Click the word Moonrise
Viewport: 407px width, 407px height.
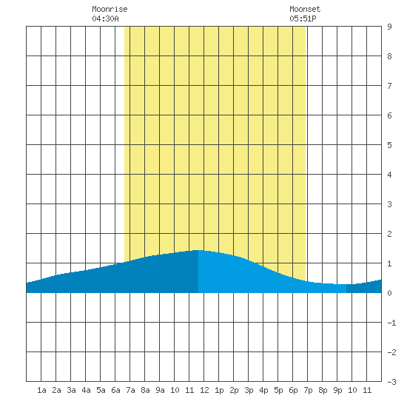(110, 9)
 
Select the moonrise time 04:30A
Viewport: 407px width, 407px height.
(105, 18)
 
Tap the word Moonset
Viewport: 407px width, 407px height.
(305, 9)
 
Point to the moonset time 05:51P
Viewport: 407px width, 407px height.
(303, 18)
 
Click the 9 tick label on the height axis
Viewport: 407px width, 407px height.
(389, 27)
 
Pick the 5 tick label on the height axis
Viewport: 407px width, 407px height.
(389, 145)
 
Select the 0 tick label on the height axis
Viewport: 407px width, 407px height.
(389, 293)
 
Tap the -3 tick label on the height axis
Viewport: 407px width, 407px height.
(392, 382)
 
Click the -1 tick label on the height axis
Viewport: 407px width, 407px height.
(392, 323)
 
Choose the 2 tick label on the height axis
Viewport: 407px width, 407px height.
(389, 234)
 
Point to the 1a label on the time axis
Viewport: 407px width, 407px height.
(41, 390)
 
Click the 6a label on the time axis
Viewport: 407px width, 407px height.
(115, 390)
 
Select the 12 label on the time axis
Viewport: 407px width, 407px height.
(204, 390)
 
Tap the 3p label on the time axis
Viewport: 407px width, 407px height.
(249, 390)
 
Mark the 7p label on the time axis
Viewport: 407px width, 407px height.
(308, 390)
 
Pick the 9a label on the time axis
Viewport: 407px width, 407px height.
(160, 390)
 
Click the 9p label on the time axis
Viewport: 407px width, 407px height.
(337, 390)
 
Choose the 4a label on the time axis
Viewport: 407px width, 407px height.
(86, 390)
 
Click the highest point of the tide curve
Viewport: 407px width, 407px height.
(198, 250)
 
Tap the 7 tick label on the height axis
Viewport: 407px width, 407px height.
(389, 86)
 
